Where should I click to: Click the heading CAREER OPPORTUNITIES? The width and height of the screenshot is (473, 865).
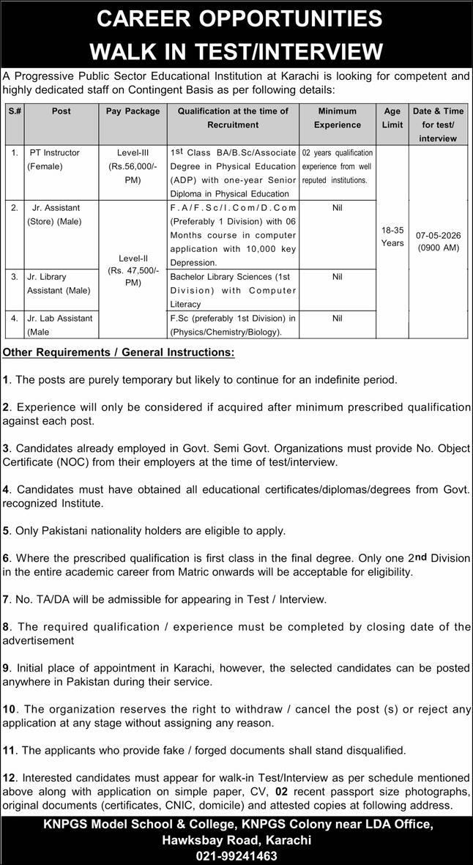(x=236, y=18)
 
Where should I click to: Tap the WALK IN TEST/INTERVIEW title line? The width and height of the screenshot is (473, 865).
(x=236, y=51)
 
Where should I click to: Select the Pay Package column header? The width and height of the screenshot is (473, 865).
(x=133, y=111)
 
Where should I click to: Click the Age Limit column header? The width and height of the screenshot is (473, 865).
(x=392, y=118)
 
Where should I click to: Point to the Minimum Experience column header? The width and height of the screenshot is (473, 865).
(x=338, y=118)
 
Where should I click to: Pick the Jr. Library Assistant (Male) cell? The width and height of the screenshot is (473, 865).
(x=59, y=283)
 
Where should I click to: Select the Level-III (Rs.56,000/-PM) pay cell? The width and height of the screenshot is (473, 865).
(x=133, y=166)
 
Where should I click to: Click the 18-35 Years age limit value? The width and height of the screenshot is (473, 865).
(x=392, y=236)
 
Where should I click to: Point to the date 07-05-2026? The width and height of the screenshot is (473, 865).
(x=439, y=235)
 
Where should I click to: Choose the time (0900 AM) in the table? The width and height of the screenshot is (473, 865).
(x=439, y=248)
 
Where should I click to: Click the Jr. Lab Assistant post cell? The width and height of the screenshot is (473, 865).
(x=60, y=324)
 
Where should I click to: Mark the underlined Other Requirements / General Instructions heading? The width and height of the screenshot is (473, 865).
(x=119, y=353)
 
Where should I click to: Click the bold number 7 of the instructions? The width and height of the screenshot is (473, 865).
(x=6, y=599)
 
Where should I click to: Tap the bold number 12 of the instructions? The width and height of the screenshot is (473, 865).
(x=9, y=778)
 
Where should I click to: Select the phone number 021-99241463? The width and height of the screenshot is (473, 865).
(x=236, y=855)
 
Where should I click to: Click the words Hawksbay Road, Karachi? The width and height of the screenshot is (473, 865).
(x=236, y=840)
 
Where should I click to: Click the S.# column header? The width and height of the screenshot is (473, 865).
(x=15, y=111)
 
